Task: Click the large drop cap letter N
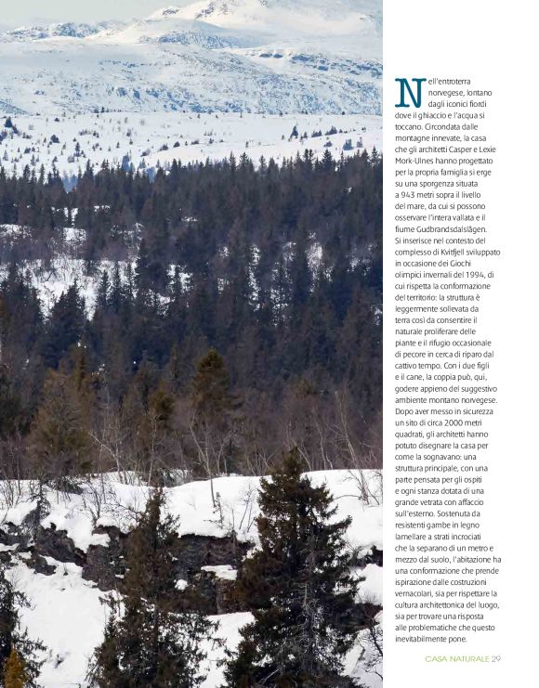tap(410, 92)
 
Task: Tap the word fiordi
tap(480, 105)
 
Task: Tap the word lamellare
tap(412, 536)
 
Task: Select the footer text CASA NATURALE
tap(456, 658)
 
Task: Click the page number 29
tap(496, 658)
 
